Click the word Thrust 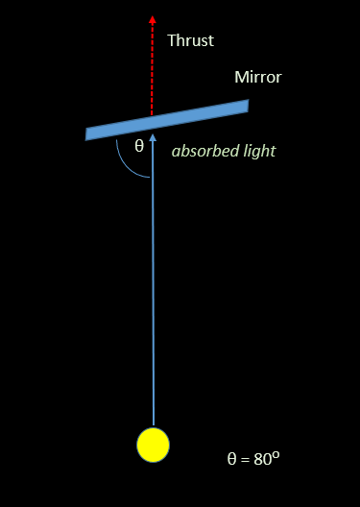(x=190, y=40)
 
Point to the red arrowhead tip (x=152, y=17)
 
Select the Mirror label (x=258, y=77)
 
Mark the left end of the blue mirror (x=87, y=134)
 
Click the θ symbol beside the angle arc (x=138, y=146)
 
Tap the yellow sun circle (x=153, y=445)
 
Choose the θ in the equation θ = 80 (x=231, y=459)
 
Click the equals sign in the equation (x=246, y=459)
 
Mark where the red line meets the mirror (x=152, y=117)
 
